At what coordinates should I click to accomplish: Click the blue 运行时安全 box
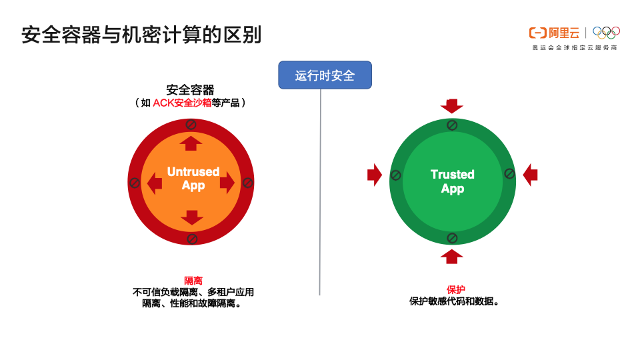pyautogui.click(x=325, y=75)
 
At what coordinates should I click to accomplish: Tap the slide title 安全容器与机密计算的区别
pyautogui.click(x=141, y=35)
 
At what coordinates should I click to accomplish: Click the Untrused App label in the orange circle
pyautogui.click(x=193, y=178)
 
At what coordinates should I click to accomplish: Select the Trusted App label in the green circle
pyautogui.click(x=453, y=181)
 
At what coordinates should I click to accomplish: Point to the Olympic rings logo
pyautogui.click(x=606, y=32)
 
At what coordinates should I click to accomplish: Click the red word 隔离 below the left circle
pyautogui.click(x=193, y=281)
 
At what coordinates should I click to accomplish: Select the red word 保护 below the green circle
pyautogui.click(x=456, y=289)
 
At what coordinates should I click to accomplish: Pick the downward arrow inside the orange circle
pyautogui.click(x=192, y=217)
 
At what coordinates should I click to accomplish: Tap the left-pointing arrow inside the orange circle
pyautogui.click(x=155, y=183)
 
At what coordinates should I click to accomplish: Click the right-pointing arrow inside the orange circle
pyautogui.click(x=227, y=182)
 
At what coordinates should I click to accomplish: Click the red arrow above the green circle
pyautogui.click(x=452, y=105)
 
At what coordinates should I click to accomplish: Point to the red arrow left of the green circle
pyautogui.click(x=375, y=175)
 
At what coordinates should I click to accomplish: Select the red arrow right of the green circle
pyautogui.click(x=530, y=175)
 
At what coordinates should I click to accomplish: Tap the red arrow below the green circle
pyautogui.click(x=452, y=256)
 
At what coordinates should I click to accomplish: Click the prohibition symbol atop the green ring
pyautogui.click(x=452, y=125)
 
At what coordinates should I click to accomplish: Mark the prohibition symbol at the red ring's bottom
pyautogui.click(x=192, y=238)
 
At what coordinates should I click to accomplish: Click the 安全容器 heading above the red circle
pyautogui.click(x=190, y=90)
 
